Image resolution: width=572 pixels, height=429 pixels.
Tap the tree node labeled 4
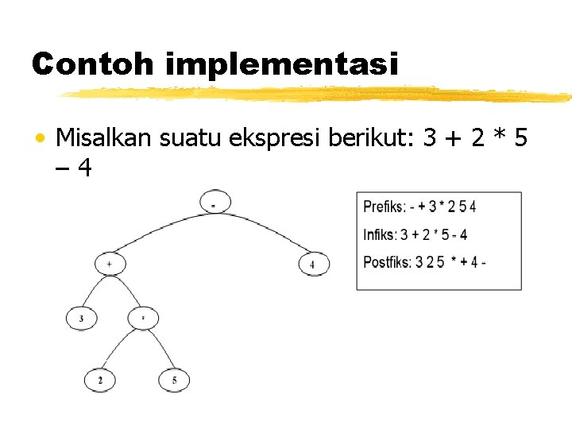point(313,264)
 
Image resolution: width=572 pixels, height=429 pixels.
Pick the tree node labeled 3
point(81,319)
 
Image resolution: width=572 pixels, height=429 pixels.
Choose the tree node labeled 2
point(100,381)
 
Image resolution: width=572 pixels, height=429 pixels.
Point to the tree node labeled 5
point(174,381)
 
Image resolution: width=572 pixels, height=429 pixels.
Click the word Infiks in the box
point(379,234)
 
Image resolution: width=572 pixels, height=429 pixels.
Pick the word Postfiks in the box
point(387,261)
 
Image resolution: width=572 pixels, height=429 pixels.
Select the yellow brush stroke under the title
point(318,95)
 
